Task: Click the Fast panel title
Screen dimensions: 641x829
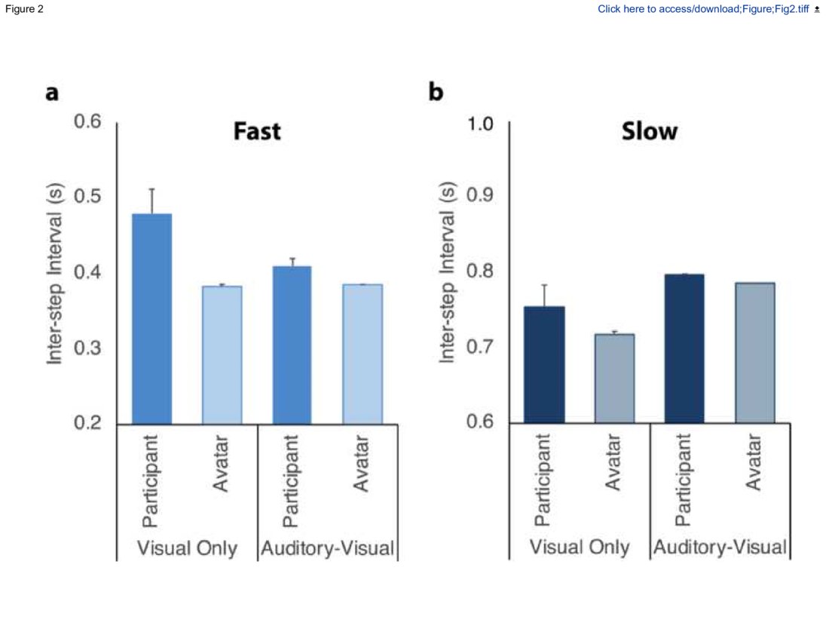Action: point(256,131)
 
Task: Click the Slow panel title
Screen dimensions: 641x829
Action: point(649,131)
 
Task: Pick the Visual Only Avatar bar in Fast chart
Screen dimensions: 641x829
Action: point(222,354)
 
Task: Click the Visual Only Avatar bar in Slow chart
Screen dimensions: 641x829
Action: point(615,378)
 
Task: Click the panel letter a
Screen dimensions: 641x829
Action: point(52,93)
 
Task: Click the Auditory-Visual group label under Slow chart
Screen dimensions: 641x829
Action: point(720,547)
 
